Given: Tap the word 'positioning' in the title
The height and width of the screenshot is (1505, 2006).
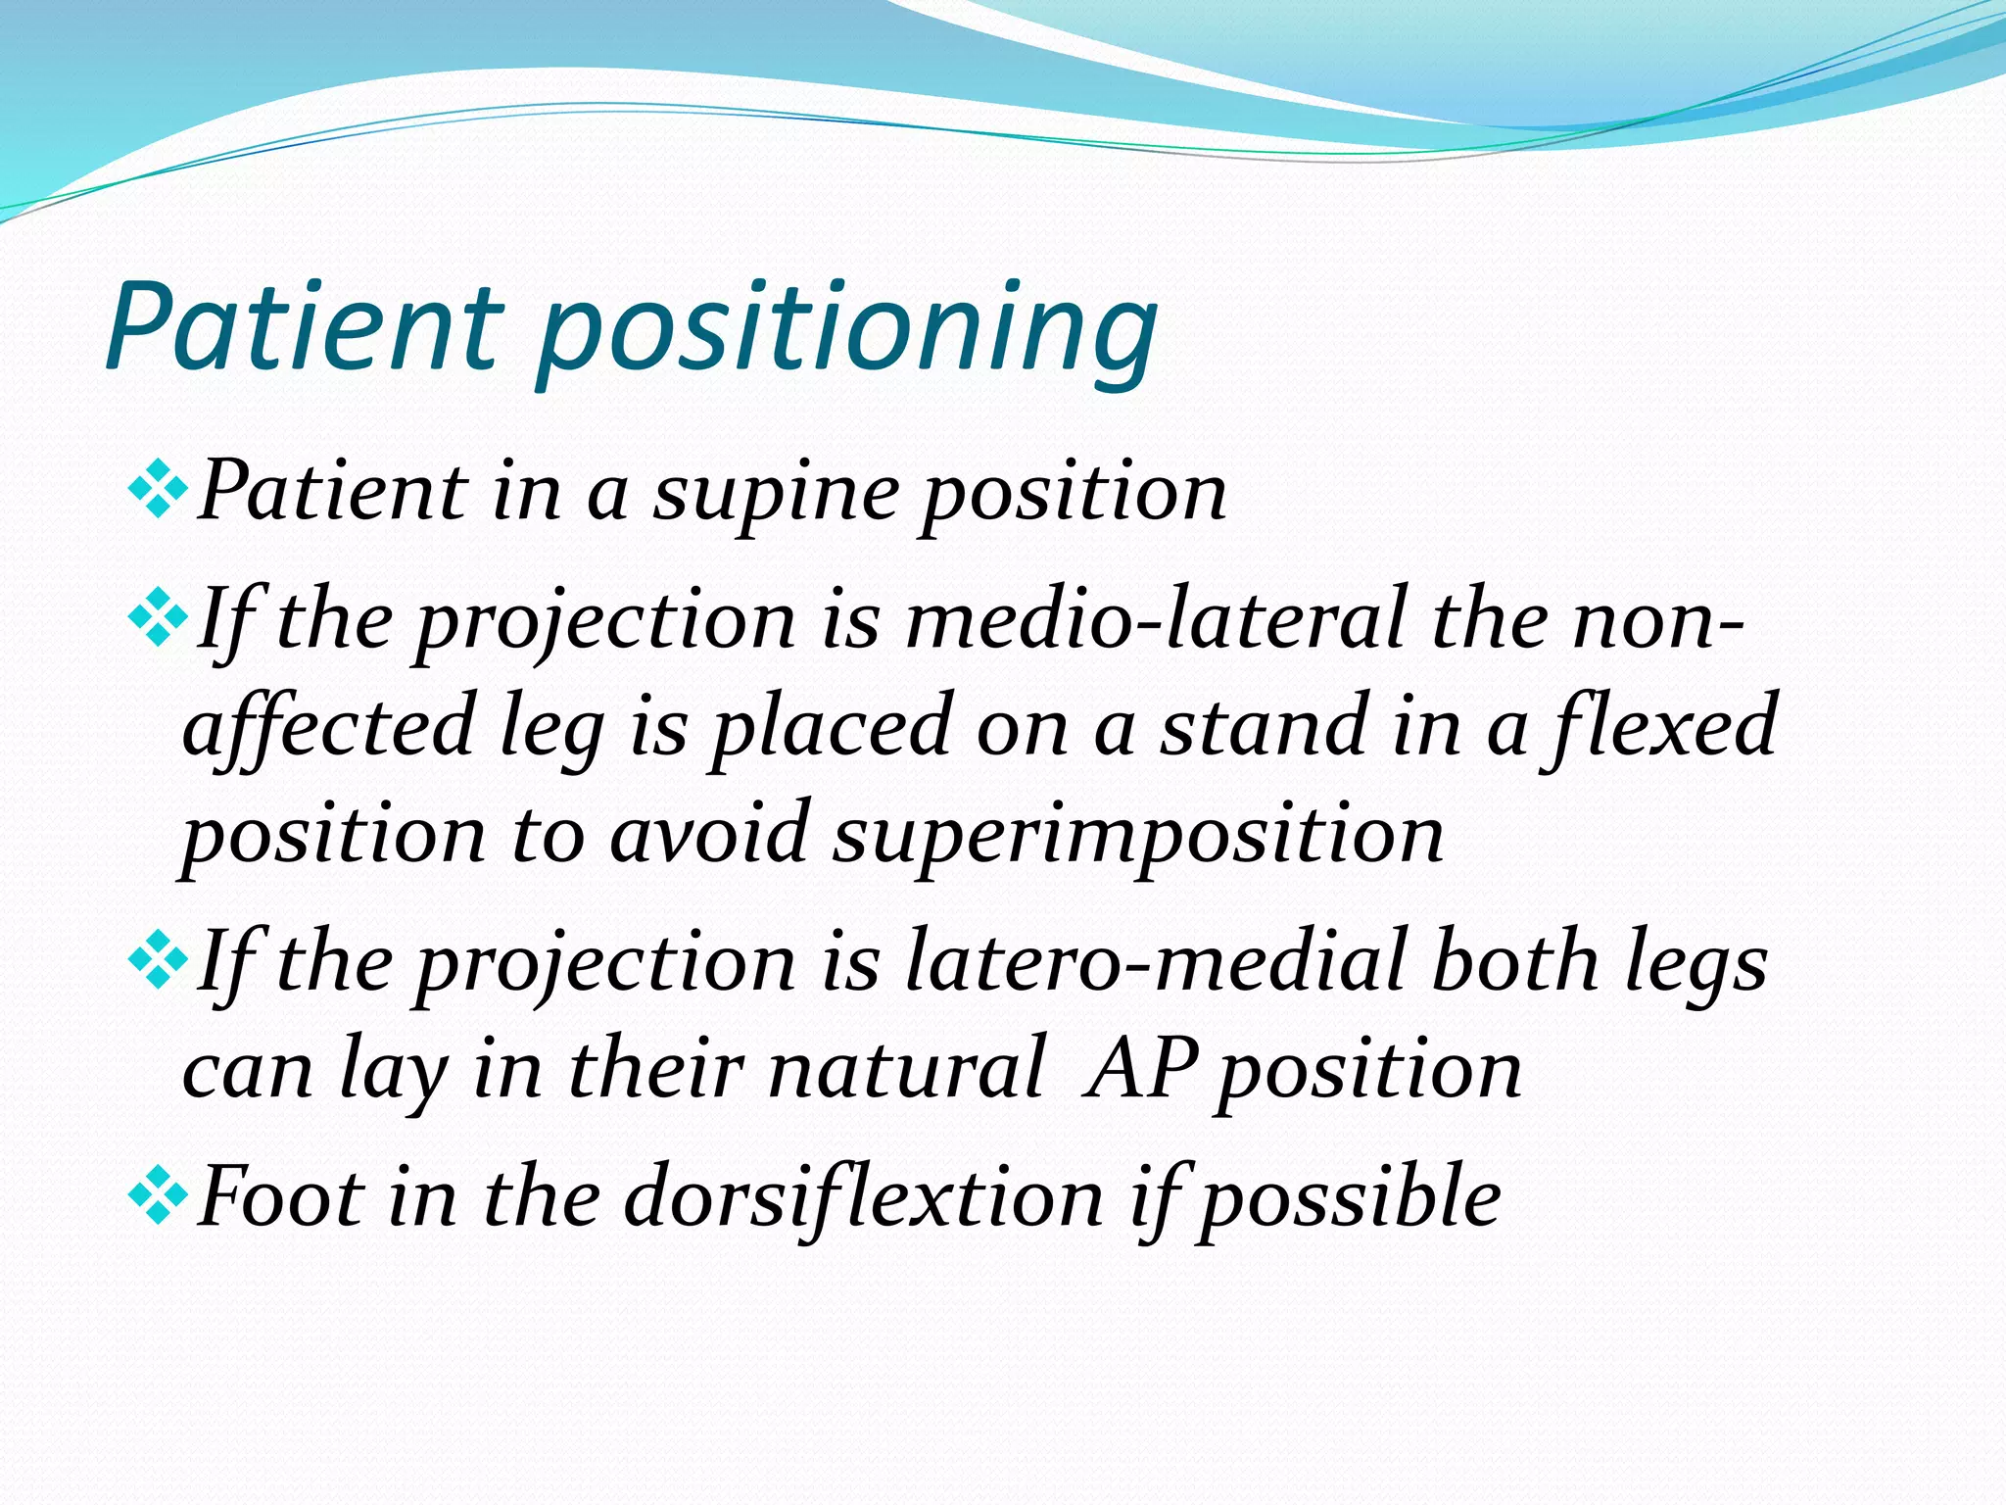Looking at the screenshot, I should [847, 333].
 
